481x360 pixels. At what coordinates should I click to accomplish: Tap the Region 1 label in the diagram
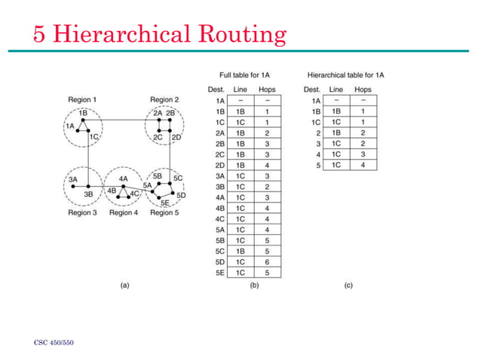81,99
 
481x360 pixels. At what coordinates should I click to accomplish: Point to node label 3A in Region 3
73,179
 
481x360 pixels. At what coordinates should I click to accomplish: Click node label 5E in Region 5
164,203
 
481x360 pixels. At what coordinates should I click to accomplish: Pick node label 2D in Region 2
176,138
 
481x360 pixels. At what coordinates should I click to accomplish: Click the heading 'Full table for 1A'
244,75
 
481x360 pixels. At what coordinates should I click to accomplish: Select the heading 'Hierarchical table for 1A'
346,75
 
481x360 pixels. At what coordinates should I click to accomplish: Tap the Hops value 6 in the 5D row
268,261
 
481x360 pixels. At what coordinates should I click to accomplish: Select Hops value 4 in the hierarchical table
363,164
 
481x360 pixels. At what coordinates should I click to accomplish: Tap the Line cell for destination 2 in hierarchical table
335,132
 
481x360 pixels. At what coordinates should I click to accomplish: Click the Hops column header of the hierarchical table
363,90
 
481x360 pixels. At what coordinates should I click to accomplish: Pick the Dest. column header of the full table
216,90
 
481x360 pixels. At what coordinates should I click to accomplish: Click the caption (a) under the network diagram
125,285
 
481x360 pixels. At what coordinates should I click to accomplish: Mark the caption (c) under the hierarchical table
348,285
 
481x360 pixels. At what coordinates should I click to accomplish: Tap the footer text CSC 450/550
53,343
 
